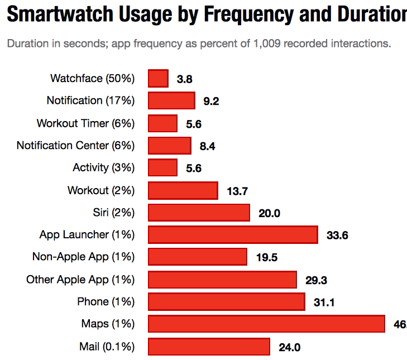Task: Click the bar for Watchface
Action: pos(158,79)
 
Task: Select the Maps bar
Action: pos(266,324)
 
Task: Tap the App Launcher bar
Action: pos(233,235)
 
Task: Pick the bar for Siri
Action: pos(199,213)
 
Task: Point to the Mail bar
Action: pos(209,347)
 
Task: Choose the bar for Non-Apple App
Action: pos(198,257)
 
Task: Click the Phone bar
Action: pos(227,302)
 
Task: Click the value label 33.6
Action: pos(337,236)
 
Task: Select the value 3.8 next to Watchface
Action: pos(184,79)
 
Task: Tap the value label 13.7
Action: pos(237,191)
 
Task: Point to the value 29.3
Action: pos(316,280)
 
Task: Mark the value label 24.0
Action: pos(290,347)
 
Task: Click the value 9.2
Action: pos(210,102)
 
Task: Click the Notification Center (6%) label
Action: pos(76,146)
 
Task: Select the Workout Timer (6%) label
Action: pos(86,123)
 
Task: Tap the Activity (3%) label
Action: pos(104,168)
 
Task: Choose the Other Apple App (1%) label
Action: pos(81,280)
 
